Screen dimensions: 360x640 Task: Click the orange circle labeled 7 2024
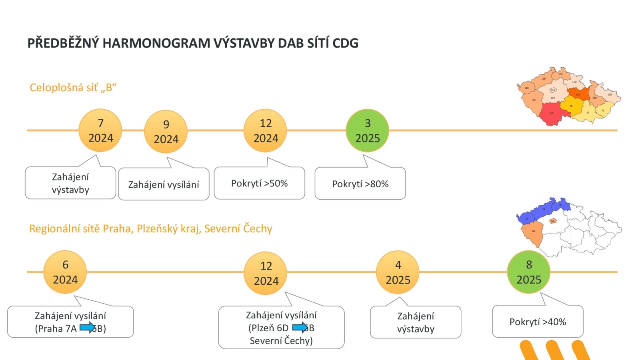click(x=100, y=130)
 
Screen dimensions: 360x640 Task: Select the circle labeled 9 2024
click(x=166, y=132)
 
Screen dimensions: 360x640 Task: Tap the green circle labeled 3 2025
click(x=367, y=130)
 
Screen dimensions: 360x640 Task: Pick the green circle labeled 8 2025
click(x=528, y=272)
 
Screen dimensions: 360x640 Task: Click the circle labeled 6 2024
click(x=65, y=272)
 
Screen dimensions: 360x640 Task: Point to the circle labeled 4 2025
click(x=398, y=272)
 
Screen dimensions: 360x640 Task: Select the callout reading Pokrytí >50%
click(x=259, y=184)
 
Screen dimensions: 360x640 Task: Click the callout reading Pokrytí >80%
click(x=360, y=184)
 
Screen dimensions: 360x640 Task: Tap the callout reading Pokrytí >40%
click(x=537, y=322)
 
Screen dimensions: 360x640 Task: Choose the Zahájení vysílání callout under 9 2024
click(x=164, y=184)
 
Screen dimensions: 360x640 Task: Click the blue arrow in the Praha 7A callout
click(x=87, y=328)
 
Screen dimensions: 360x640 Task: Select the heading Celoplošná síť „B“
click(x=73, y=88)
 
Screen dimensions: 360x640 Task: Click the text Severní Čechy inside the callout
click(x=281, y=341)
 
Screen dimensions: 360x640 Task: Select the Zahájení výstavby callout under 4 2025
click(x=415, y=322)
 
